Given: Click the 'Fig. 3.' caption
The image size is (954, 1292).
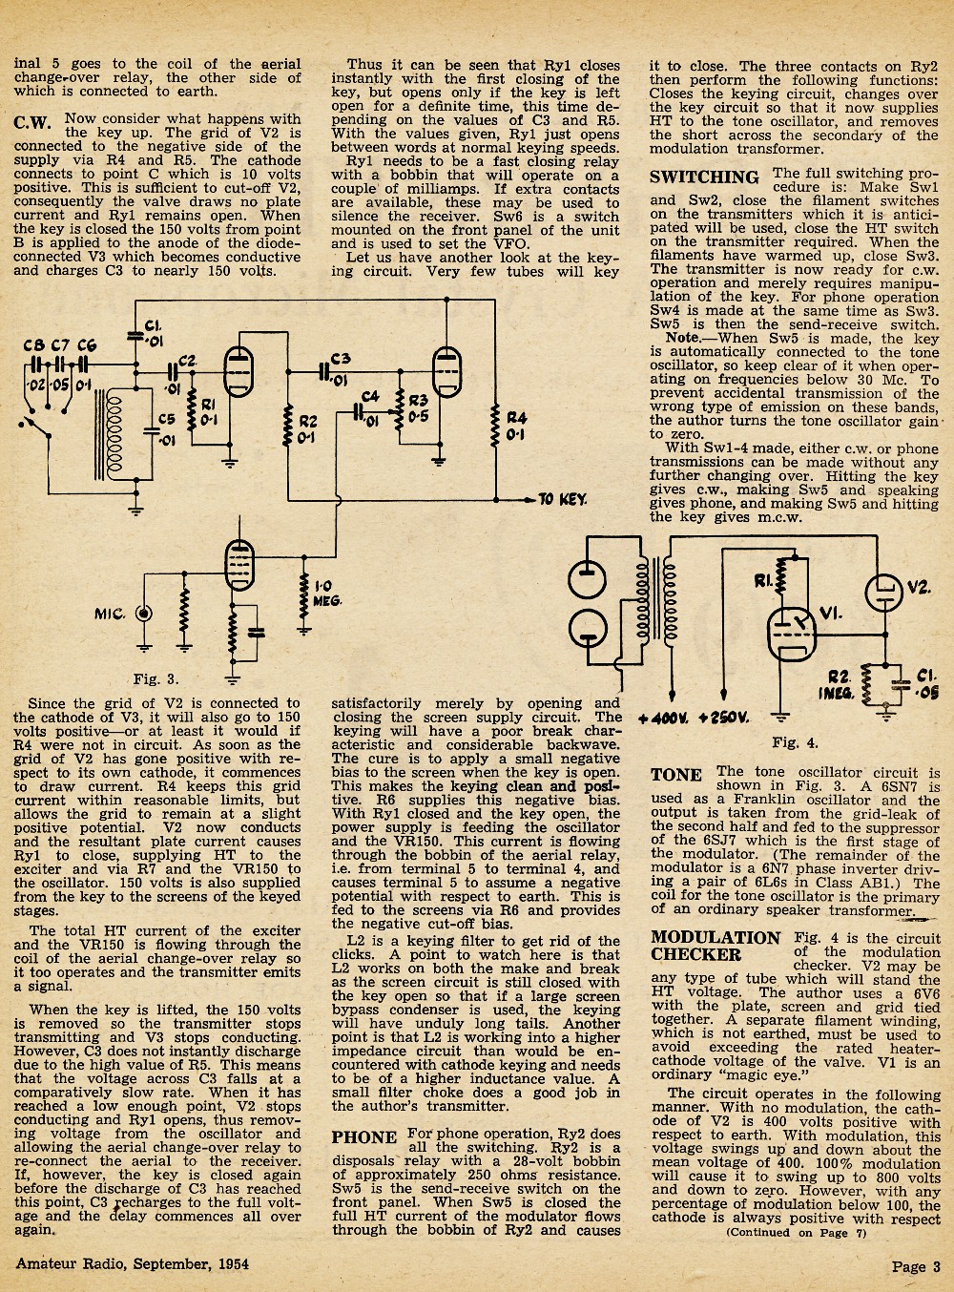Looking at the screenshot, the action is pos(156,679).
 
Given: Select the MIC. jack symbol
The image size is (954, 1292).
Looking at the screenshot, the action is pos(144,614).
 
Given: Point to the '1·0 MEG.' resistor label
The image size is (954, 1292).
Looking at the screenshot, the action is pos(326,594).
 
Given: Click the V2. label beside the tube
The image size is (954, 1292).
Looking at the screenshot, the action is pos(919,588).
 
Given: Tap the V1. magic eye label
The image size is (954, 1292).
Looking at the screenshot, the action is pos(832,614).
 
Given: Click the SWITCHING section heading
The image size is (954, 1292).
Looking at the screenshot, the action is pos(704,177).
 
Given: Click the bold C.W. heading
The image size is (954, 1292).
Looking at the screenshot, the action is pos(32,123).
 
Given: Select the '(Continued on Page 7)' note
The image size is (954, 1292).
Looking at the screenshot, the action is pos(796,1233).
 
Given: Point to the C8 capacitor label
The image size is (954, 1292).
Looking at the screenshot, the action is pos(33,346).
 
